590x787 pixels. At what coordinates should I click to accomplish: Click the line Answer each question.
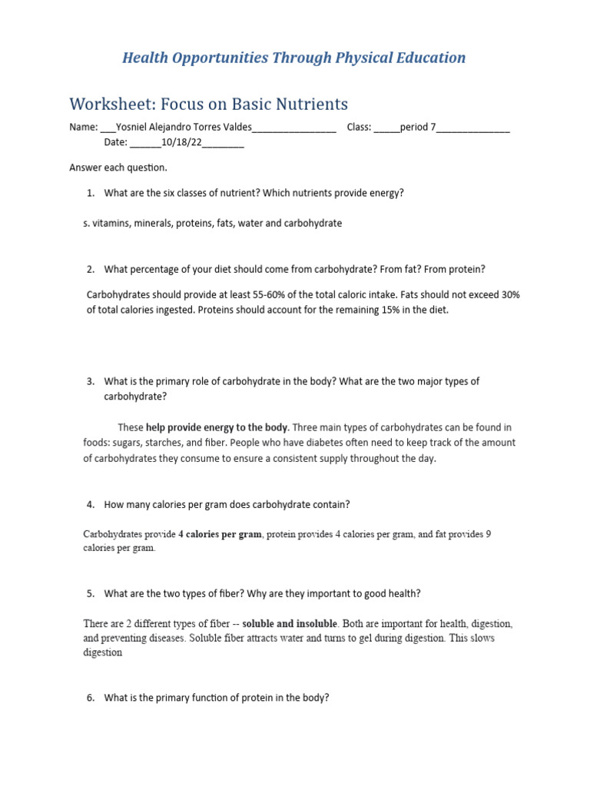(118, 168)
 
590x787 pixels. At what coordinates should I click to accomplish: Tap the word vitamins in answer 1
(110, 224)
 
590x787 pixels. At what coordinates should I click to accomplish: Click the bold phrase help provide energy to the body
(217, 427)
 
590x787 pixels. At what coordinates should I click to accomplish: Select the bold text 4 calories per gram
(220, 535)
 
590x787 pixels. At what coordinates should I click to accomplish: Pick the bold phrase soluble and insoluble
(290, 623)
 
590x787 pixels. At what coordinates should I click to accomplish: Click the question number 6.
(91, 699)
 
